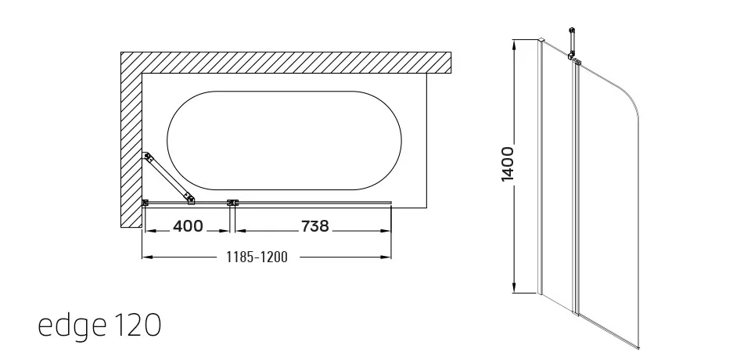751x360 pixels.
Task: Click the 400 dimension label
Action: pos(188,225)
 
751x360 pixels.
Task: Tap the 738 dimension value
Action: pos(314,225)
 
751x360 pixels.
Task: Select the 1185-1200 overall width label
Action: pos(257,257)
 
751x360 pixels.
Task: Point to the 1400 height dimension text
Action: pos(507,164)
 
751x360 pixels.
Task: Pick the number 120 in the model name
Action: pos(138,325)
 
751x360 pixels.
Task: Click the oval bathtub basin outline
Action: pos(285,92)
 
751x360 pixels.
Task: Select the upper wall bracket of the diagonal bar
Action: pos(148,157)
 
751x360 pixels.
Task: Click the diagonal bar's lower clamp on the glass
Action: pos(190,200)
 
